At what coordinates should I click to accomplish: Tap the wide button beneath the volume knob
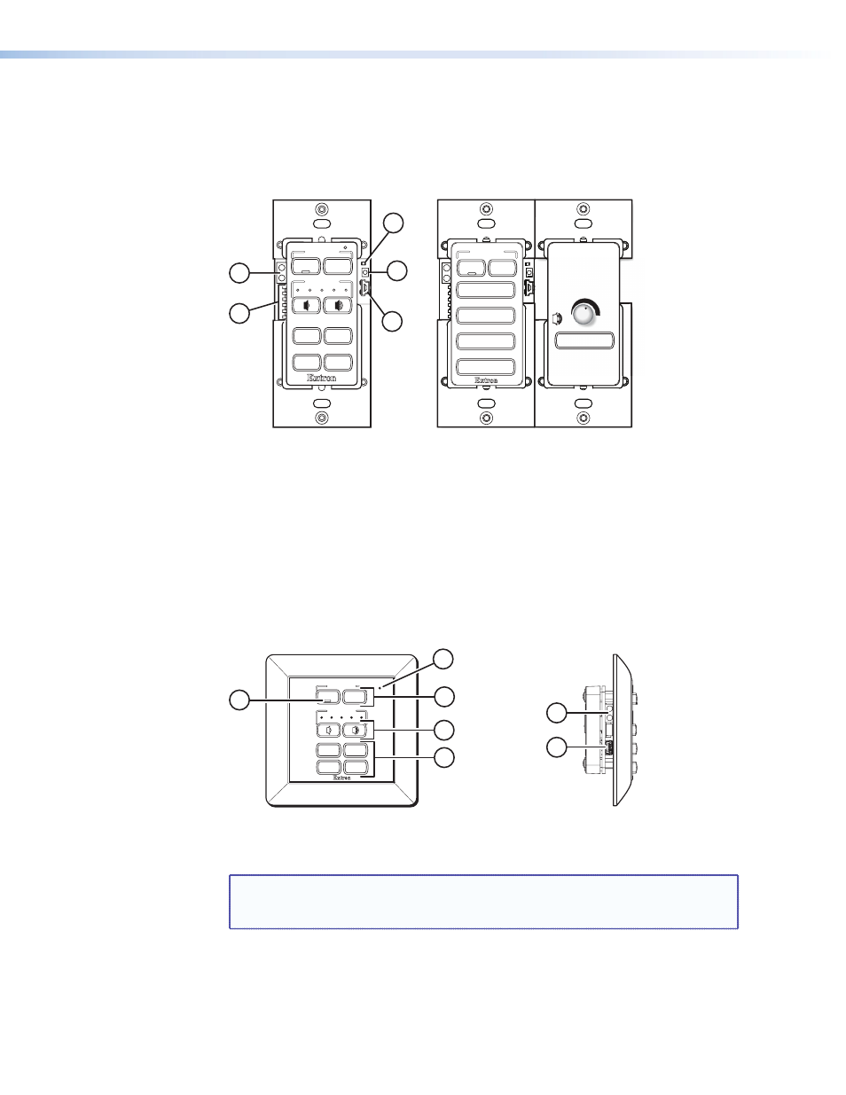(584, 340)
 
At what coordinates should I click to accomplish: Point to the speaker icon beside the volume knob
(557, 319)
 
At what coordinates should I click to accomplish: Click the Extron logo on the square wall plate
(342, 778)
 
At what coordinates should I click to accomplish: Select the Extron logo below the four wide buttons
(486, 380)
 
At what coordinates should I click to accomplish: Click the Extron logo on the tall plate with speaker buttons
(322, 378)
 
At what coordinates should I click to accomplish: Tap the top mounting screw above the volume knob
(584, 209)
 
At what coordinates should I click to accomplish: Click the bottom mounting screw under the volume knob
(584, 418)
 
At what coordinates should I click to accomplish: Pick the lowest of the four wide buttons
(486, 366)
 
